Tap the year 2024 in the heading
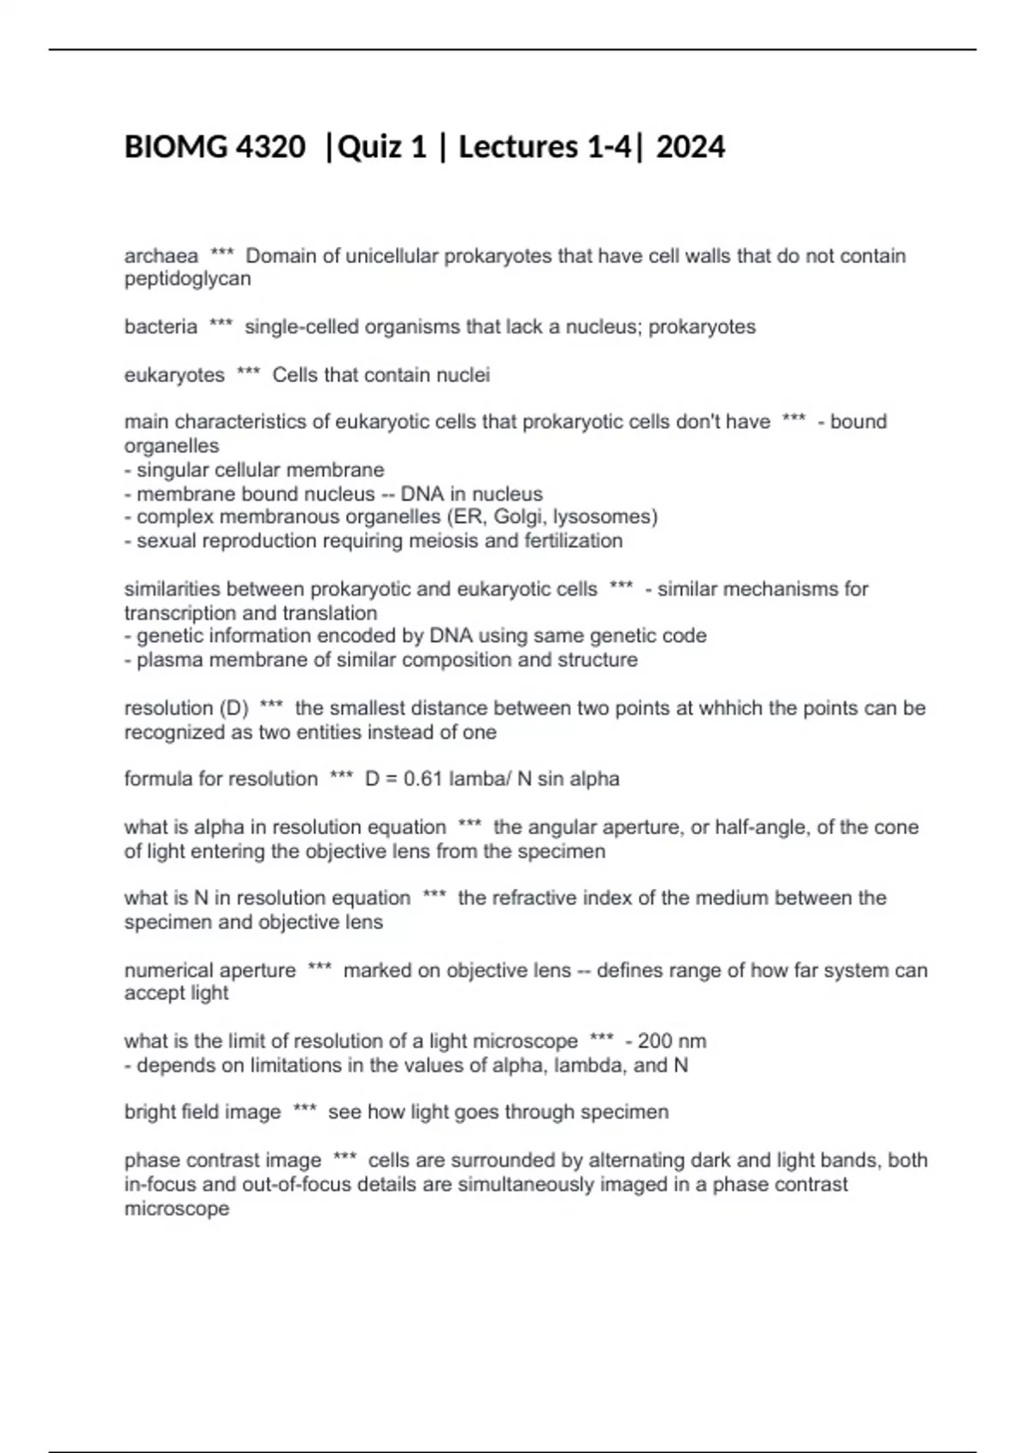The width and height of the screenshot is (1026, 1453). (x=691, y=147)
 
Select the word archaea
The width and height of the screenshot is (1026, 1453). (x=161, y=256)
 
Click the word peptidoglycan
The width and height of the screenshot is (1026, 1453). (x=187, y=279)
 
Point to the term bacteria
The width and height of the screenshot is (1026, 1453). (x=161, y=326)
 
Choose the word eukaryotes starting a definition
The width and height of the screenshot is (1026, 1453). (x=174, y=374)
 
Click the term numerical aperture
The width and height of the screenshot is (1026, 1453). (x=210, y=970)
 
